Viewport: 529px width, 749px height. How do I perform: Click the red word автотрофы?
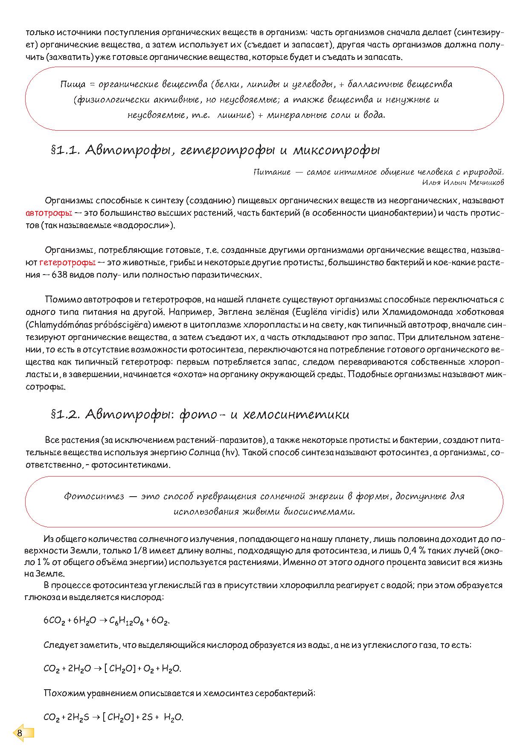pyautogui.click(x=49, y=213)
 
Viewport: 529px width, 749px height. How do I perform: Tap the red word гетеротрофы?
pyautogui.click(x=67, y=263)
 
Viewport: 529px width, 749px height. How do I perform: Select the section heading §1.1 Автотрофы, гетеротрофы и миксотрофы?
pyautogui.click(x=215, y=150)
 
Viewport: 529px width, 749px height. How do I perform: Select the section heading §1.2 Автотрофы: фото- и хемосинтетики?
pyautogui.click(x=200, y=415)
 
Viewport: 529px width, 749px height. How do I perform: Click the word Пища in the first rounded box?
pyautogui.click(x=73, y=85)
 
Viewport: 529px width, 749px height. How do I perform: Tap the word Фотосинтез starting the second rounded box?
pyautogui.click(x=94, y=497)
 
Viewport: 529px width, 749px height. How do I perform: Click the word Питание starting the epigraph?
pyautogui.click(x=272, y=172)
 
